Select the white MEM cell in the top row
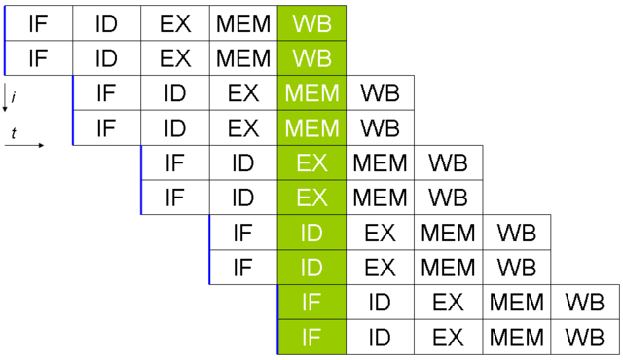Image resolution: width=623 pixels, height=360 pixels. click(x=243, y=22)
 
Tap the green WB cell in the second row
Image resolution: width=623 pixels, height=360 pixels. click(x=311, y=57)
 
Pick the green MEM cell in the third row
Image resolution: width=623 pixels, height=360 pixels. click(x=311, y=93)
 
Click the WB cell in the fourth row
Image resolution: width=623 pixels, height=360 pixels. click(x=380, y=127)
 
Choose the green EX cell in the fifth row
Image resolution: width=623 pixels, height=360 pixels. click(x=311, y=162)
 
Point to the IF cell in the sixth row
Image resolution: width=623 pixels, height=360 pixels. click(x=175, y=198)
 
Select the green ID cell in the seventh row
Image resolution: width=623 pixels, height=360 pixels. click(x=311, y=233)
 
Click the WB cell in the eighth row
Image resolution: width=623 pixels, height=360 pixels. click(x=516, y=267)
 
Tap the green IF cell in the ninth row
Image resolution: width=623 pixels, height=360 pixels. click(x=311, y=303)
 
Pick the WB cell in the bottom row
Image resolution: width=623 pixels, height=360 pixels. click(x=584, y=338)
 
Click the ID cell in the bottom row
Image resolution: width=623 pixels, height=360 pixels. click(x=380, y=338)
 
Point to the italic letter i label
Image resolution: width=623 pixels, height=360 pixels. click(x=14, y=95)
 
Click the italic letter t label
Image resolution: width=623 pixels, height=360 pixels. click(x=15, y=131)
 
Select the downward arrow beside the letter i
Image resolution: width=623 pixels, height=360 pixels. click(x=6, y=97)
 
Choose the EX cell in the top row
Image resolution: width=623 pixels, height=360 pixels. click(x=175, y=22)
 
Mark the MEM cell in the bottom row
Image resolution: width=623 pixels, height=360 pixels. click(x=516, y=338)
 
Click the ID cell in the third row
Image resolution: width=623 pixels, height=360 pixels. click(x=175, y=93)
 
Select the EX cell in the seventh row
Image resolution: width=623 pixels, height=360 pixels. click(x=380, y=233)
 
